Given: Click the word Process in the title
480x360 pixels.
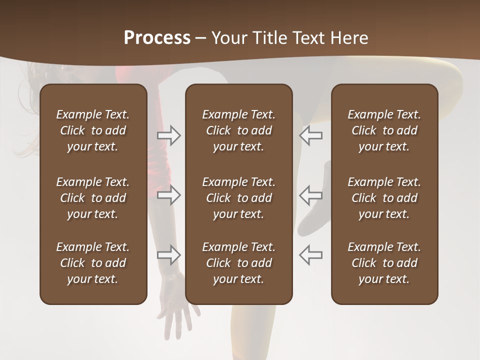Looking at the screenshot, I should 157,38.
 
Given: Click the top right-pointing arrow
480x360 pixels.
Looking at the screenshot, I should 169,135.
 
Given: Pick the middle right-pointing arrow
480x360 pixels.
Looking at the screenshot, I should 169,195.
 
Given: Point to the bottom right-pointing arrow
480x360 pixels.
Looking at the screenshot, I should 169,254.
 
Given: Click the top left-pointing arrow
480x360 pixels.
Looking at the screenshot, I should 310,135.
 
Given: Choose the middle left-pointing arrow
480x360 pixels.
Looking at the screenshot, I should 310,195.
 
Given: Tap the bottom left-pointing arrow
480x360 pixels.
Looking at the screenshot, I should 310,254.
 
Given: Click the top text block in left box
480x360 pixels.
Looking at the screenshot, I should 93,130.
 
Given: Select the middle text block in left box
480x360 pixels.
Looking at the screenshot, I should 93,198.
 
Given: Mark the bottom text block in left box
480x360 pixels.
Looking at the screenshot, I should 93,263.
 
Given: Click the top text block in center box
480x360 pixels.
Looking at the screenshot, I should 238,130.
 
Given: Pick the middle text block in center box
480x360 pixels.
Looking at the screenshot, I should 238,198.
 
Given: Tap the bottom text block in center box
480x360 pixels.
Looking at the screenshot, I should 238,263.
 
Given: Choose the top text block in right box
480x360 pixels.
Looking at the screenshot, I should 384,130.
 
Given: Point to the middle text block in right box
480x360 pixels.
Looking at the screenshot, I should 384,198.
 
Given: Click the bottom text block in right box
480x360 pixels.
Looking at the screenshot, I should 384,263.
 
